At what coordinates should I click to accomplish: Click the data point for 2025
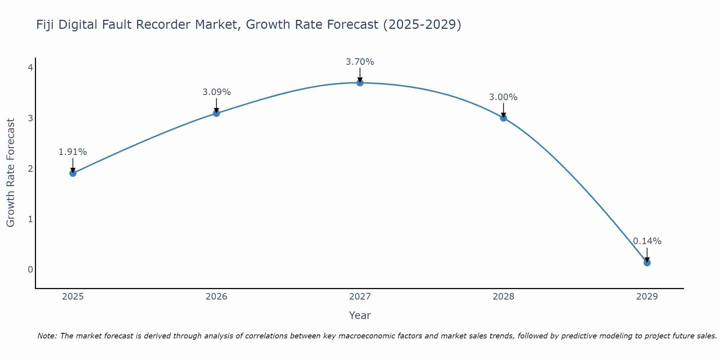(x=73, y=173)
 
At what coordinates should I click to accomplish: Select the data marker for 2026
(x=216, y=113)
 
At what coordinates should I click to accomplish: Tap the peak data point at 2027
(x=360, y=83)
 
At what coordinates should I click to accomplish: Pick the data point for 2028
(x=503, y=118)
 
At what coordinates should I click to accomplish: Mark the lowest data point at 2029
(x=647, y=263)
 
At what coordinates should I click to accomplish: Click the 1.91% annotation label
(x=73, y=152)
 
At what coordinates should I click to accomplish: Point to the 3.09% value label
(x=216, y=92)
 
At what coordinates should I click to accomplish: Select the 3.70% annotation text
(x=360, y=62)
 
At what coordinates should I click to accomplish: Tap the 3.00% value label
(x=503, y=97)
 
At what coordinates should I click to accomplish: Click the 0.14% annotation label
(x=647, y=241)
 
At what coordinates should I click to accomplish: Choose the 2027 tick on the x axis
(x=360, y=297)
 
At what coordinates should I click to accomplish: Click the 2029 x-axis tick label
(x=647, y=297)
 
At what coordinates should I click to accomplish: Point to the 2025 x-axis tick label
(x=73, y=297)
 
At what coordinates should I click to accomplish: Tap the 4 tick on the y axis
(x=31, y=68)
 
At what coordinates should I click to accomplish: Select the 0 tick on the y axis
(x=31, y=269)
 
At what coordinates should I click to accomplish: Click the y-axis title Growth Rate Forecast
(x=11, y=173)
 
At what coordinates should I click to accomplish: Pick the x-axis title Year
(x=360, y=315)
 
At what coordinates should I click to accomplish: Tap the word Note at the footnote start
(x=47, y=336)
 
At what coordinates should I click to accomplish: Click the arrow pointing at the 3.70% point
(x=360, y=75)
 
